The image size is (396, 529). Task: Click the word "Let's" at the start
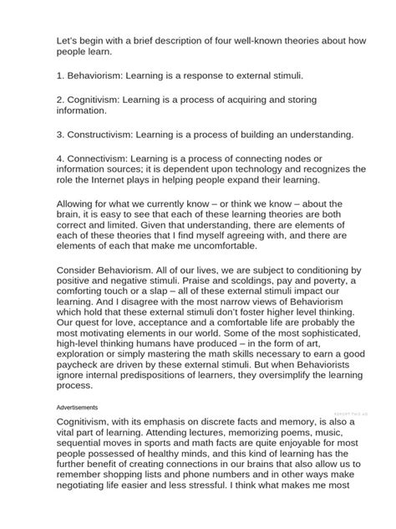click(69, 39)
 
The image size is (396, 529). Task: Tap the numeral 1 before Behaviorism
click(59, 74)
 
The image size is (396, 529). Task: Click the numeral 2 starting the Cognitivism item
click(59, 99)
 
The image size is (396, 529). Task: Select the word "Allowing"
click(78, 203)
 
